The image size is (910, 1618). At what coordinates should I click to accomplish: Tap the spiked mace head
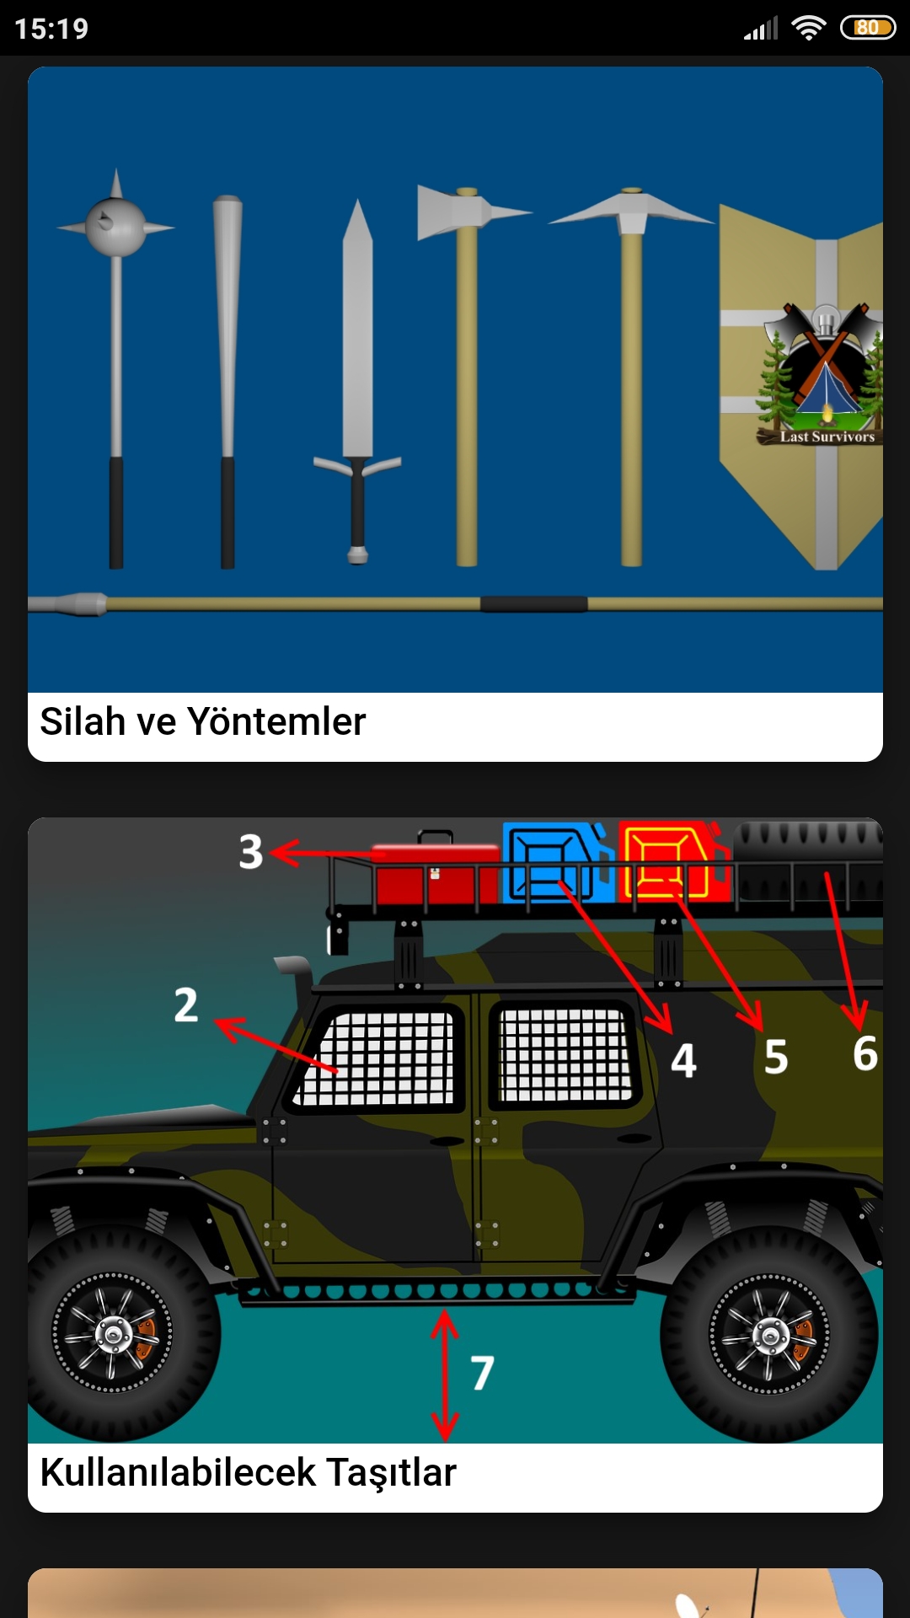click(116, 225)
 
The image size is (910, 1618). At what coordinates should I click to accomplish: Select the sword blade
click(357, 329)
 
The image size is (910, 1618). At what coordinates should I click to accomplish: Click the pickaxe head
click(632, 211)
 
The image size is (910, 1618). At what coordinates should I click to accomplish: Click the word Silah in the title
click(82, 721)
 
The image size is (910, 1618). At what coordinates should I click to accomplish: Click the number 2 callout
click(185, 1005)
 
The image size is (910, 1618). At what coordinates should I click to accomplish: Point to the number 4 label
click(683, 1060)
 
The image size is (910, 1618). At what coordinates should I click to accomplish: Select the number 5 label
click(776, 1057)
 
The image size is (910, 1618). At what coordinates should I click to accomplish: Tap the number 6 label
click(865, 1053)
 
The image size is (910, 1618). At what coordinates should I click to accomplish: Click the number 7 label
click(482, 1373)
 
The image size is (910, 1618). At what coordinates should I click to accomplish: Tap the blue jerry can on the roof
click(558, 862)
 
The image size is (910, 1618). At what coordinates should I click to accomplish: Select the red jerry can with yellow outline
click(673, 862)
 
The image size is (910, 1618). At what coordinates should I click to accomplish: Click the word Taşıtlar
click(391, 1473)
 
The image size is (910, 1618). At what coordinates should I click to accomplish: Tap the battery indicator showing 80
click(868, 28)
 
